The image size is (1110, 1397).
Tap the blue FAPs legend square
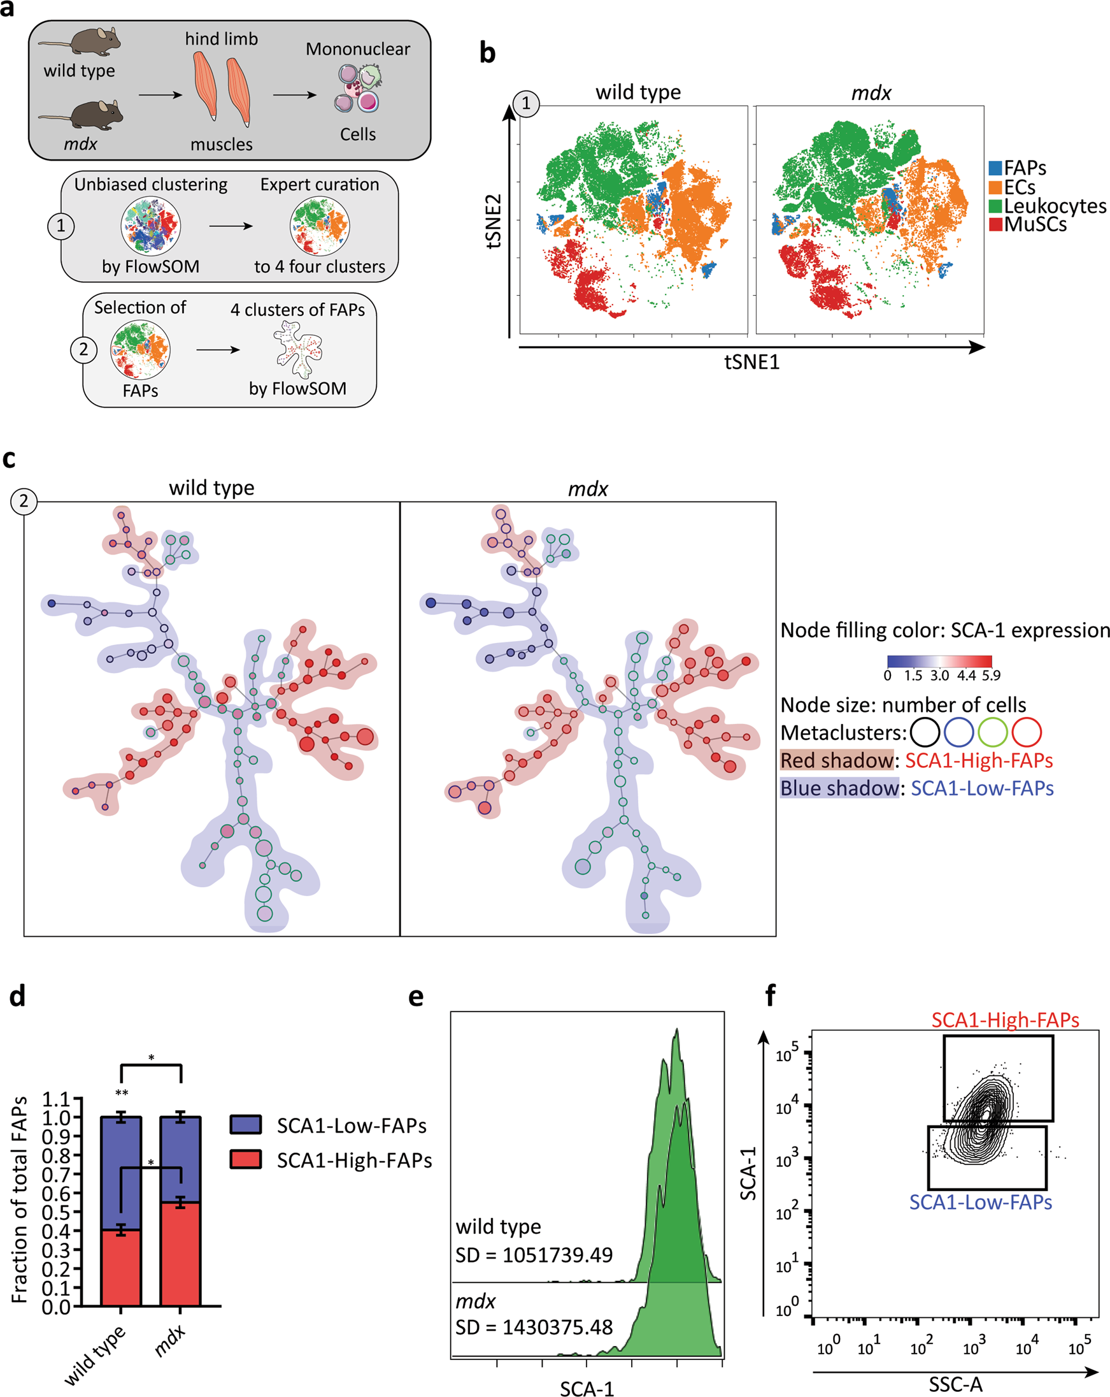(995, 168)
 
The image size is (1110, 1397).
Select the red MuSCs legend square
(995, 225)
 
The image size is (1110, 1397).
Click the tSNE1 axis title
(751, 362)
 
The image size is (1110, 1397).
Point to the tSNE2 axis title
(494, 221)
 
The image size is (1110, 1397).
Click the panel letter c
(9, 458)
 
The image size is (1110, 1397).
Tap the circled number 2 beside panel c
(24, 501)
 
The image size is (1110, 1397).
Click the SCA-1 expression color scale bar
(939, 661)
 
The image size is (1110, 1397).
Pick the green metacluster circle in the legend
(992, 733)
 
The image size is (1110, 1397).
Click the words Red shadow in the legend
(837, 760)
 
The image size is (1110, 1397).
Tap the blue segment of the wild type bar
(121, 1173)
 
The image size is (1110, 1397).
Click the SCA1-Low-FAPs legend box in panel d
(245, 1124)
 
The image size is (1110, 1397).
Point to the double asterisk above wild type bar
(121, 1093)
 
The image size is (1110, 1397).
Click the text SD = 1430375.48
(534, 1328)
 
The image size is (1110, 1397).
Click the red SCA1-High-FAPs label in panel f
(1005, 1020)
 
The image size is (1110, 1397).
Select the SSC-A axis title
(955, 1385)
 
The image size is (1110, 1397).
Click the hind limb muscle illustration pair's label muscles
(222, 144)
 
